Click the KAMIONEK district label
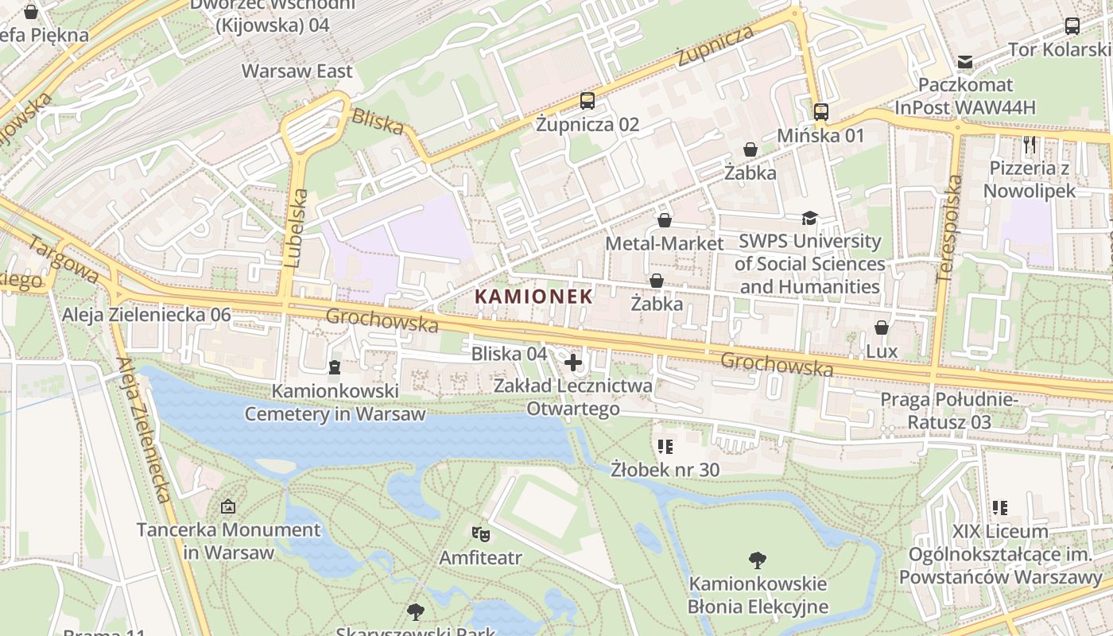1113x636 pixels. [x=533, y=297]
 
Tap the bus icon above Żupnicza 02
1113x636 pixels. [x=587, y=101]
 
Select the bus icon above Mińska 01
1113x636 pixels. [x=820, y=112]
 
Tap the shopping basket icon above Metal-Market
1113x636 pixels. [x=665, y=220]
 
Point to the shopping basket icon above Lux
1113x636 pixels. [x=881, y=328]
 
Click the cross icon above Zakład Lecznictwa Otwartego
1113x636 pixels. [x=572, y=363]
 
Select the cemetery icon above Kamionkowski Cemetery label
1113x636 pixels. [x=334, y=367]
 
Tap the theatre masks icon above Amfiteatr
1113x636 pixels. [x=480, y=533]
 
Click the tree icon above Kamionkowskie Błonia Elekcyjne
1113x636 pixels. [x=758, y=560]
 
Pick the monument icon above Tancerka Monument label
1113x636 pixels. [x=228, y=506]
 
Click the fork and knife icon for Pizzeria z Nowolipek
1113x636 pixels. [x=1030, y=145]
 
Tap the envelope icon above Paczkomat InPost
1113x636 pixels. [x=965, y=61]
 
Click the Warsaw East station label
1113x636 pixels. [x=297, y=71]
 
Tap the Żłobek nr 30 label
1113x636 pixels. [x=665, y=470]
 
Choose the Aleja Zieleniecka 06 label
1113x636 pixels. [x=146, y=316]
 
